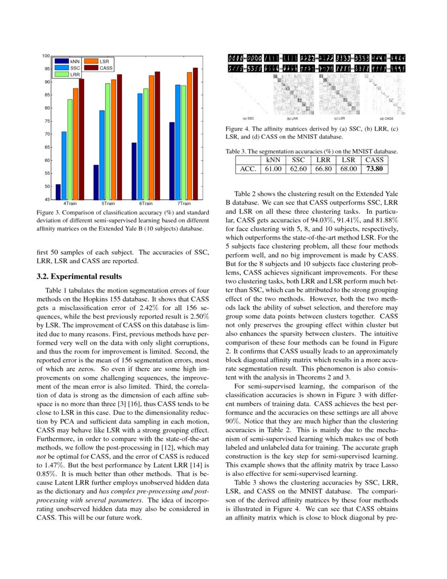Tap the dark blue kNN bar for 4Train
pyautogui.click(x=58, y=192)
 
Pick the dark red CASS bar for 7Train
pyautogui.click(x=195, y=134)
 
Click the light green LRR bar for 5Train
pyautogui.click(x=108, y=142)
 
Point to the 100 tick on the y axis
pyautogui.click(x=46, y=56)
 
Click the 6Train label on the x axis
pyautogui.click(x=146, y=203)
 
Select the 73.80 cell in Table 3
pyautogui.click(x=377, y=169)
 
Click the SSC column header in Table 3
pyautogui.click(x=299, y=159)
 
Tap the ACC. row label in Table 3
pyautogui.click(x=247, y=169)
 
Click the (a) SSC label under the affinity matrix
pyautogui.click(x=248, y=118)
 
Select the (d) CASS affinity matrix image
pyautogui.click(x=386, y=95)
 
